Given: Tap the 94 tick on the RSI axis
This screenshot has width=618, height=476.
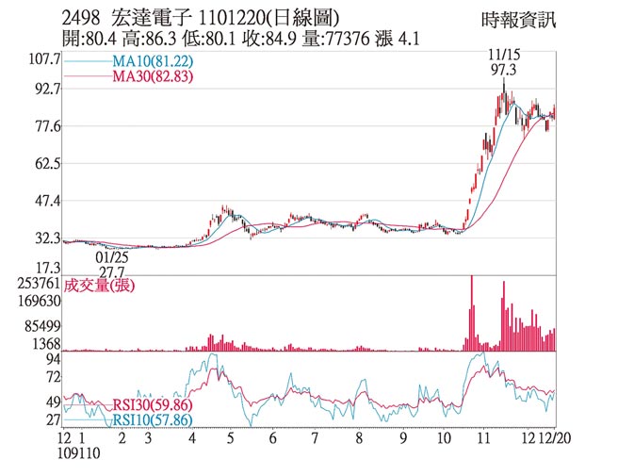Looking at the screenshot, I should click(x=54, y=359).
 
